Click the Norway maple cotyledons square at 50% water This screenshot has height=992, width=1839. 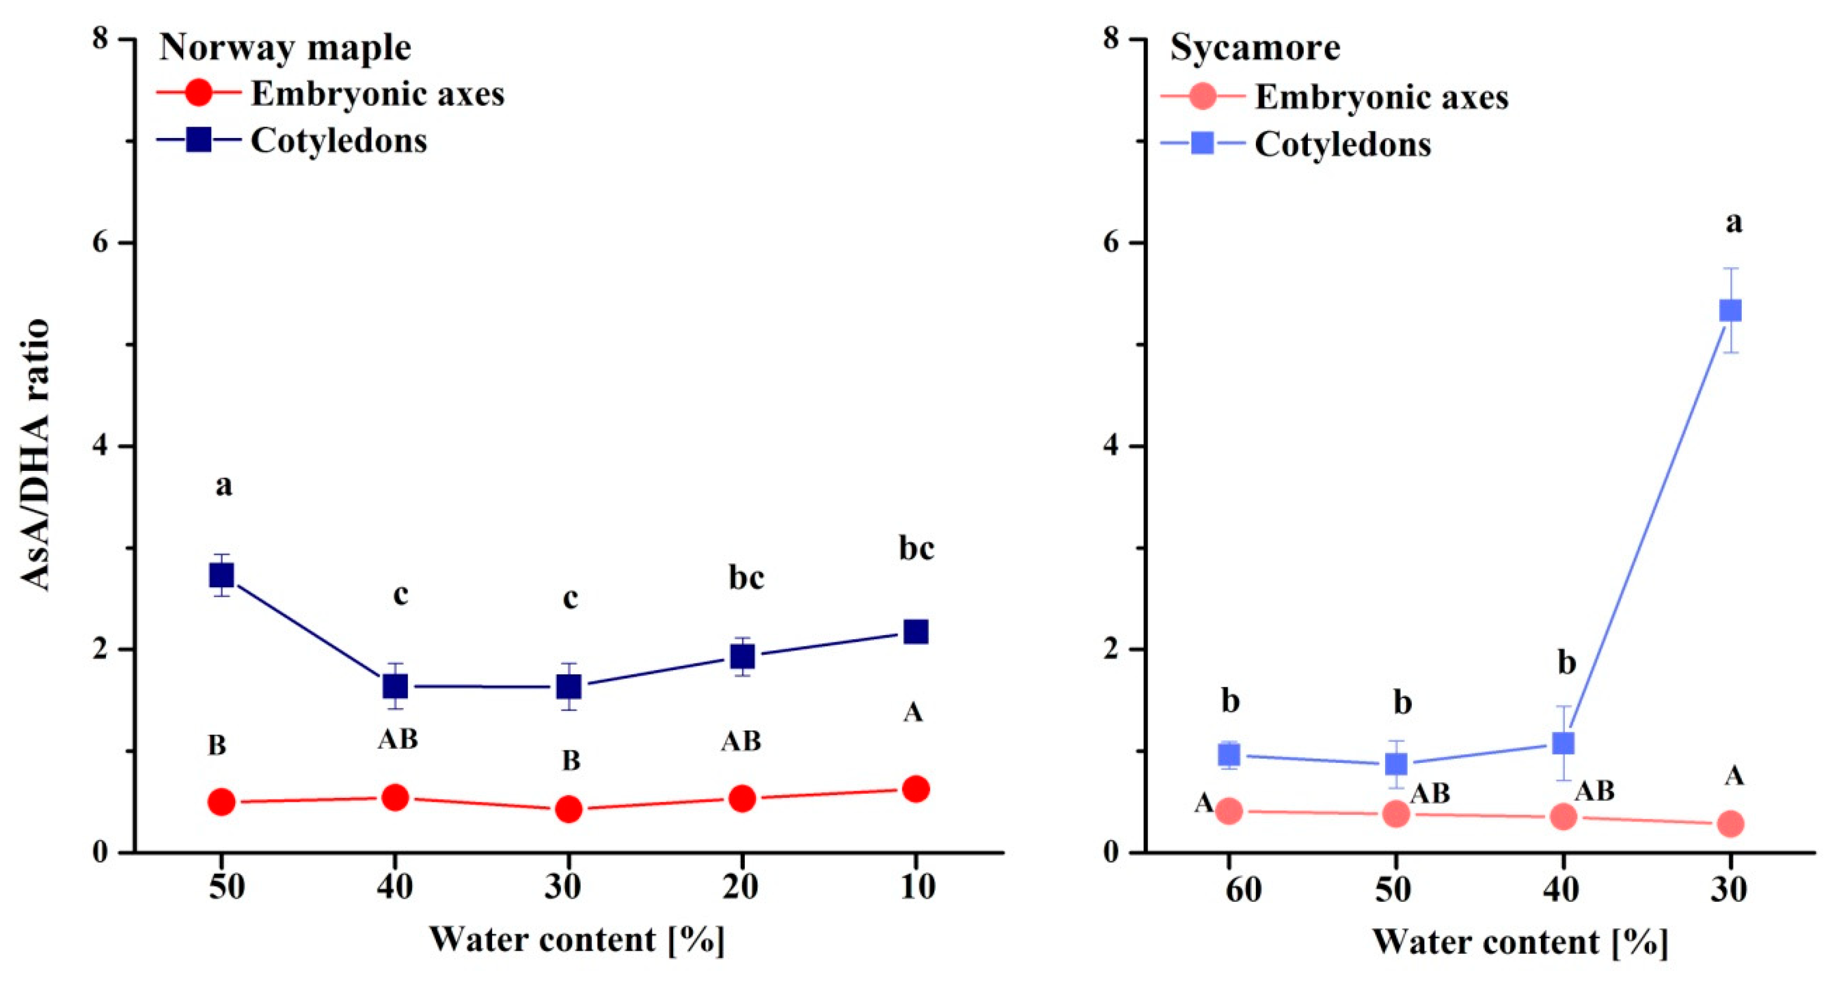[221, 575]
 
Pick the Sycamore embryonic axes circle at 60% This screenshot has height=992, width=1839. [1229, 811]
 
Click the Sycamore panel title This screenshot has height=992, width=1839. [1255, 48]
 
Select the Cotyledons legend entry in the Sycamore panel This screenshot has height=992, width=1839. [1342, 145]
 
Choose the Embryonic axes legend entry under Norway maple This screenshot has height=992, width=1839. [377, 94]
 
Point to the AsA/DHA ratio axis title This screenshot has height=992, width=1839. [34, 455]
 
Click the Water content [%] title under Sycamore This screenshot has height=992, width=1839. [1520, 942]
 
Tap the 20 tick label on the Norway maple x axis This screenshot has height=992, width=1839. [740, 887]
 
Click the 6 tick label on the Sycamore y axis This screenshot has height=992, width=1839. [1112, 242]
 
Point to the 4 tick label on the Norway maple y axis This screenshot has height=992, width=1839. [100, 447]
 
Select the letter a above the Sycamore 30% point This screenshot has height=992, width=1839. [1734, 223]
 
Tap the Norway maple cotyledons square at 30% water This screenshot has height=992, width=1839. [569, 687]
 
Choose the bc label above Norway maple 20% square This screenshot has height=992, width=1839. [746, 577]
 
